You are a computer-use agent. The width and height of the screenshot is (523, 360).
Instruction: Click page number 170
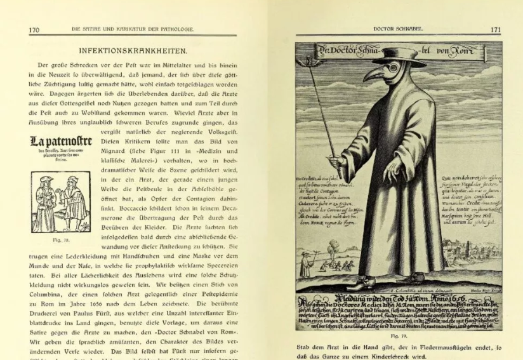35,29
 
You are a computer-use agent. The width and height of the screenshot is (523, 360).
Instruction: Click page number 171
496,29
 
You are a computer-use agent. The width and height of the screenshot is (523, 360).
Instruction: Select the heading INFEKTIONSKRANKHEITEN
133,50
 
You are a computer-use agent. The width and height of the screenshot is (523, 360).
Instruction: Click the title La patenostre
61,140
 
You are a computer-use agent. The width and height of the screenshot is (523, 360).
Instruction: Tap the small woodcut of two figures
61,201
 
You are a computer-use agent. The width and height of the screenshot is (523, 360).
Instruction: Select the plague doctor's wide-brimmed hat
399,54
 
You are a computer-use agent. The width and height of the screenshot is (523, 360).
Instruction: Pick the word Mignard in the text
118,151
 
